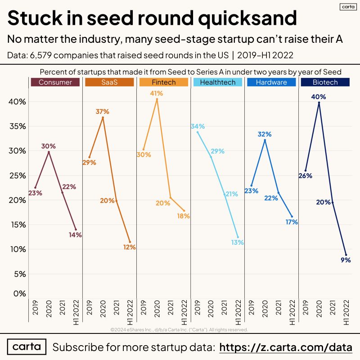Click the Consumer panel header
click(x=55, y=82)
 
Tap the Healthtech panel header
click(x=217, y=82)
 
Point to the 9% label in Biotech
click(x=346, y=260)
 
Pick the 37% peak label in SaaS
click(x=103, y=112)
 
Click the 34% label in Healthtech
click(x=198, y=126)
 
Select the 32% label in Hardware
click(x=265, y=134)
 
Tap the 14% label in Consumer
click(x=75, y=235)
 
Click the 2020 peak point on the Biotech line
click(x=319, y=103)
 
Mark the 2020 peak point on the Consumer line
click(x=49, y=152)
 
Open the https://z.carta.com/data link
click(x=285, y=347)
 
